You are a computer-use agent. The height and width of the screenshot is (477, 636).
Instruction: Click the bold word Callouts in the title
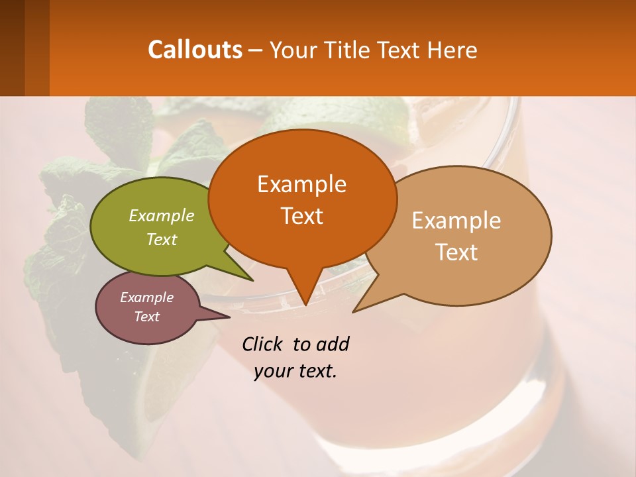(x=195, y=50)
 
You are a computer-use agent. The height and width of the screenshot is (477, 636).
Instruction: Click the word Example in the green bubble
(x=162, y=215)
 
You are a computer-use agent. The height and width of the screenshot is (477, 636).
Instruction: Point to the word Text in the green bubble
(x=162, y=239)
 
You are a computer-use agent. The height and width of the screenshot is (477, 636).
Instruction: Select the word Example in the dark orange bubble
(x=302, y=184)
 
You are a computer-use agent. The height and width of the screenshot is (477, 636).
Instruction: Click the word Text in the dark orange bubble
(x=302, y=216)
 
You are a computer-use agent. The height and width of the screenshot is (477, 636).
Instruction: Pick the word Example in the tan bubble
(x=456, y=221)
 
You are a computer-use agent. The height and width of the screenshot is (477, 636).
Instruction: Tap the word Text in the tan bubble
(x=456, y=252)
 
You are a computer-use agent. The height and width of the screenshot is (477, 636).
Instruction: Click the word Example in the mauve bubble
(x=147, y=297)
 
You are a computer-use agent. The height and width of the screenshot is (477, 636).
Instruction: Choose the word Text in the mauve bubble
(x=147, y=317)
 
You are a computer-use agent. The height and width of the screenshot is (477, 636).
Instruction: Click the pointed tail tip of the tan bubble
(x=354, y=311)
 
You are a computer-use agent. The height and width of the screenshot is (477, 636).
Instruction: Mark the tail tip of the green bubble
(x=252, y=280)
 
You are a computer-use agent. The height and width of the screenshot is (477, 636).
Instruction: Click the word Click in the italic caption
(x=264, y=344)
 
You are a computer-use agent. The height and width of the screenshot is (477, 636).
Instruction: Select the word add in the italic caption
(x=333, y=344)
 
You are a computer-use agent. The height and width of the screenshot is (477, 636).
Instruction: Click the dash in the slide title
(x=256, y=50)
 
